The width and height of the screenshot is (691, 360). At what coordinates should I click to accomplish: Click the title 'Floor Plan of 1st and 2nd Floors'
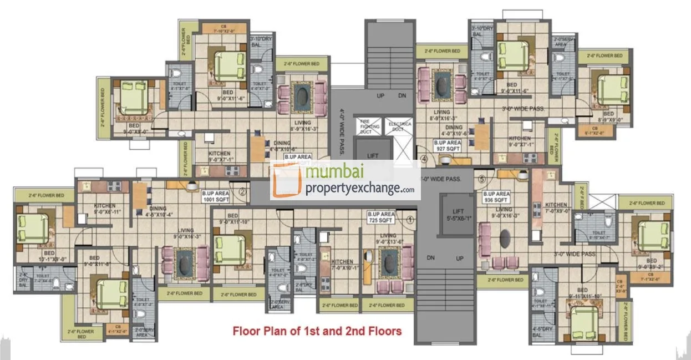pyautogui.click(x=317, y=332)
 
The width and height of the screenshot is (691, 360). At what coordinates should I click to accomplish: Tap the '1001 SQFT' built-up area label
pyautogui.click(x=216, y=196)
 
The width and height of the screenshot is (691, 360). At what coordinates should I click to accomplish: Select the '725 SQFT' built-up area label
pyautogui.click(x=381, y=217)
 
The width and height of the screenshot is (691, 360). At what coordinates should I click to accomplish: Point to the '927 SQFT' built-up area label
pyautogui.click(x=447, y=145)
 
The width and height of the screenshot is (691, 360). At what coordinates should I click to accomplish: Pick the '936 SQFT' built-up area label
pyautogui.click(x=496, y=197)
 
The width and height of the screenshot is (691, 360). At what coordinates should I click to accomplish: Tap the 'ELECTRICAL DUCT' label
pyautogui.click(x=399, y=126)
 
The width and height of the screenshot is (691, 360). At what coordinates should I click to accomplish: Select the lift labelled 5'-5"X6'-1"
pyautogui.click(x=458, y=215)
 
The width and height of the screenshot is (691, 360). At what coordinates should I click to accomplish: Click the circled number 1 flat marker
pyautogui.click(x=410, y=219)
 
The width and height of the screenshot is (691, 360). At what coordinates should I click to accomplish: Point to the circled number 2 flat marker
pyautogui.click(x=242, y=192)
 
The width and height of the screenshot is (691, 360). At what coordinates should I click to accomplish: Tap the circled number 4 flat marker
pyautogui.click(x=424, y=159)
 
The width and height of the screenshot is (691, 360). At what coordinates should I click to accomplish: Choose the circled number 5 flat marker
pyautogui.click(x=481, y=179)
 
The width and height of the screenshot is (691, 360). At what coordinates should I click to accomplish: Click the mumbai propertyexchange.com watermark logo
pyautogui.click(x=345, y=181)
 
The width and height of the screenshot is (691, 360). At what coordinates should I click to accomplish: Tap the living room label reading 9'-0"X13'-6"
pyautogui.click(x=388, y=239)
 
